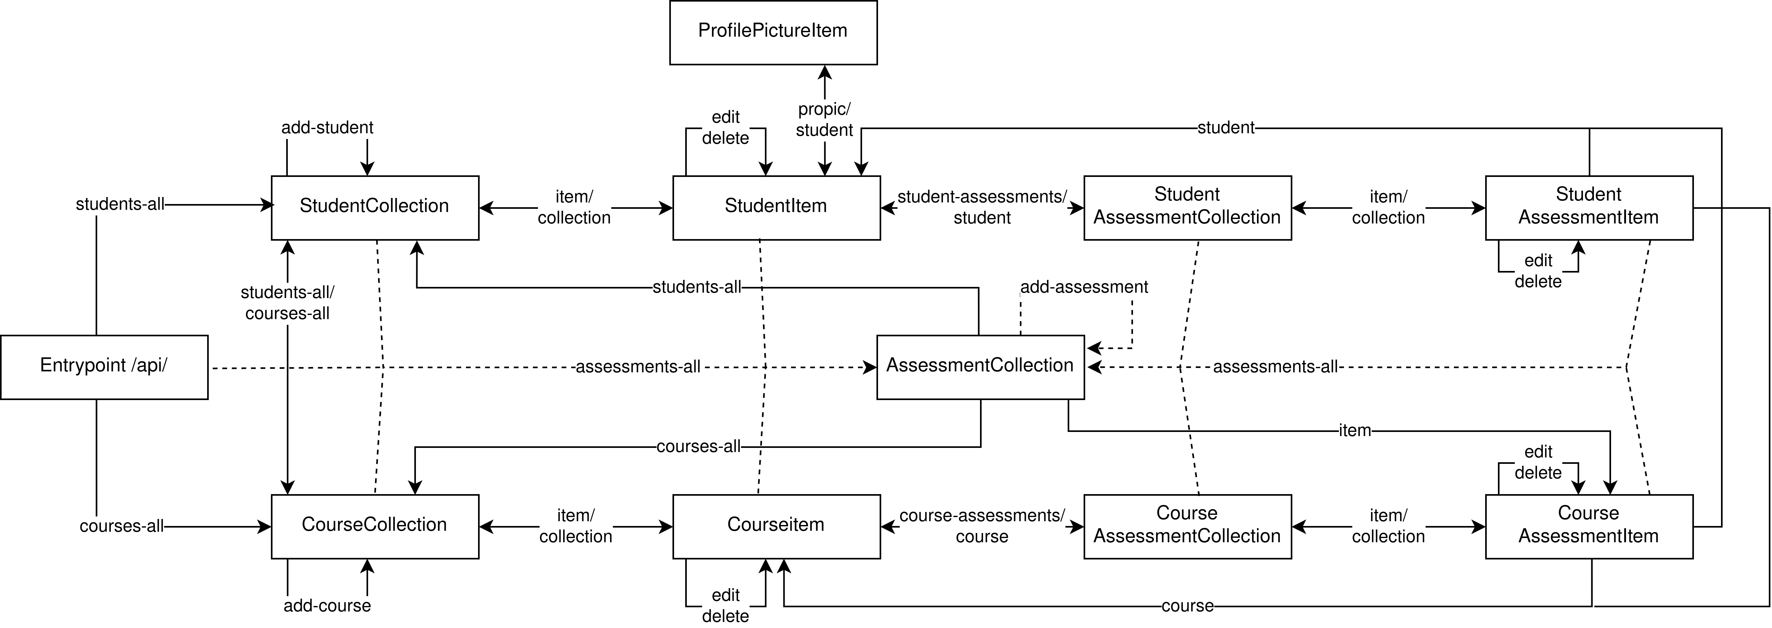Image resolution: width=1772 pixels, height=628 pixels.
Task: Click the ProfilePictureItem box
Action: click(x=773, y=32)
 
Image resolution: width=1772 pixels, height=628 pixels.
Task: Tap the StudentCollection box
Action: click(x=375, y=208)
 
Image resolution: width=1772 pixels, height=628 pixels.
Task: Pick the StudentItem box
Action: click(x=776, y=208)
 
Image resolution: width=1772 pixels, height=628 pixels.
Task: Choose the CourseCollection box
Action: click(x=375, y=526)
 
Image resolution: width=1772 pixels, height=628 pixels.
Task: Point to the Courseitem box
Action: click(x=776, y=526)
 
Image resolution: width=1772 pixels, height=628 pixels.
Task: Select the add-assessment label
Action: click(x=1084, y=287)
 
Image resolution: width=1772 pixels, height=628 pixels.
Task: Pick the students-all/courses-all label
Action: click(x=287, y=303)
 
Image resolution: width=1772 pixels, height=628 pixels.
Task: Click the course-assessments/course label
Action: click(x=982, y=525)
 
